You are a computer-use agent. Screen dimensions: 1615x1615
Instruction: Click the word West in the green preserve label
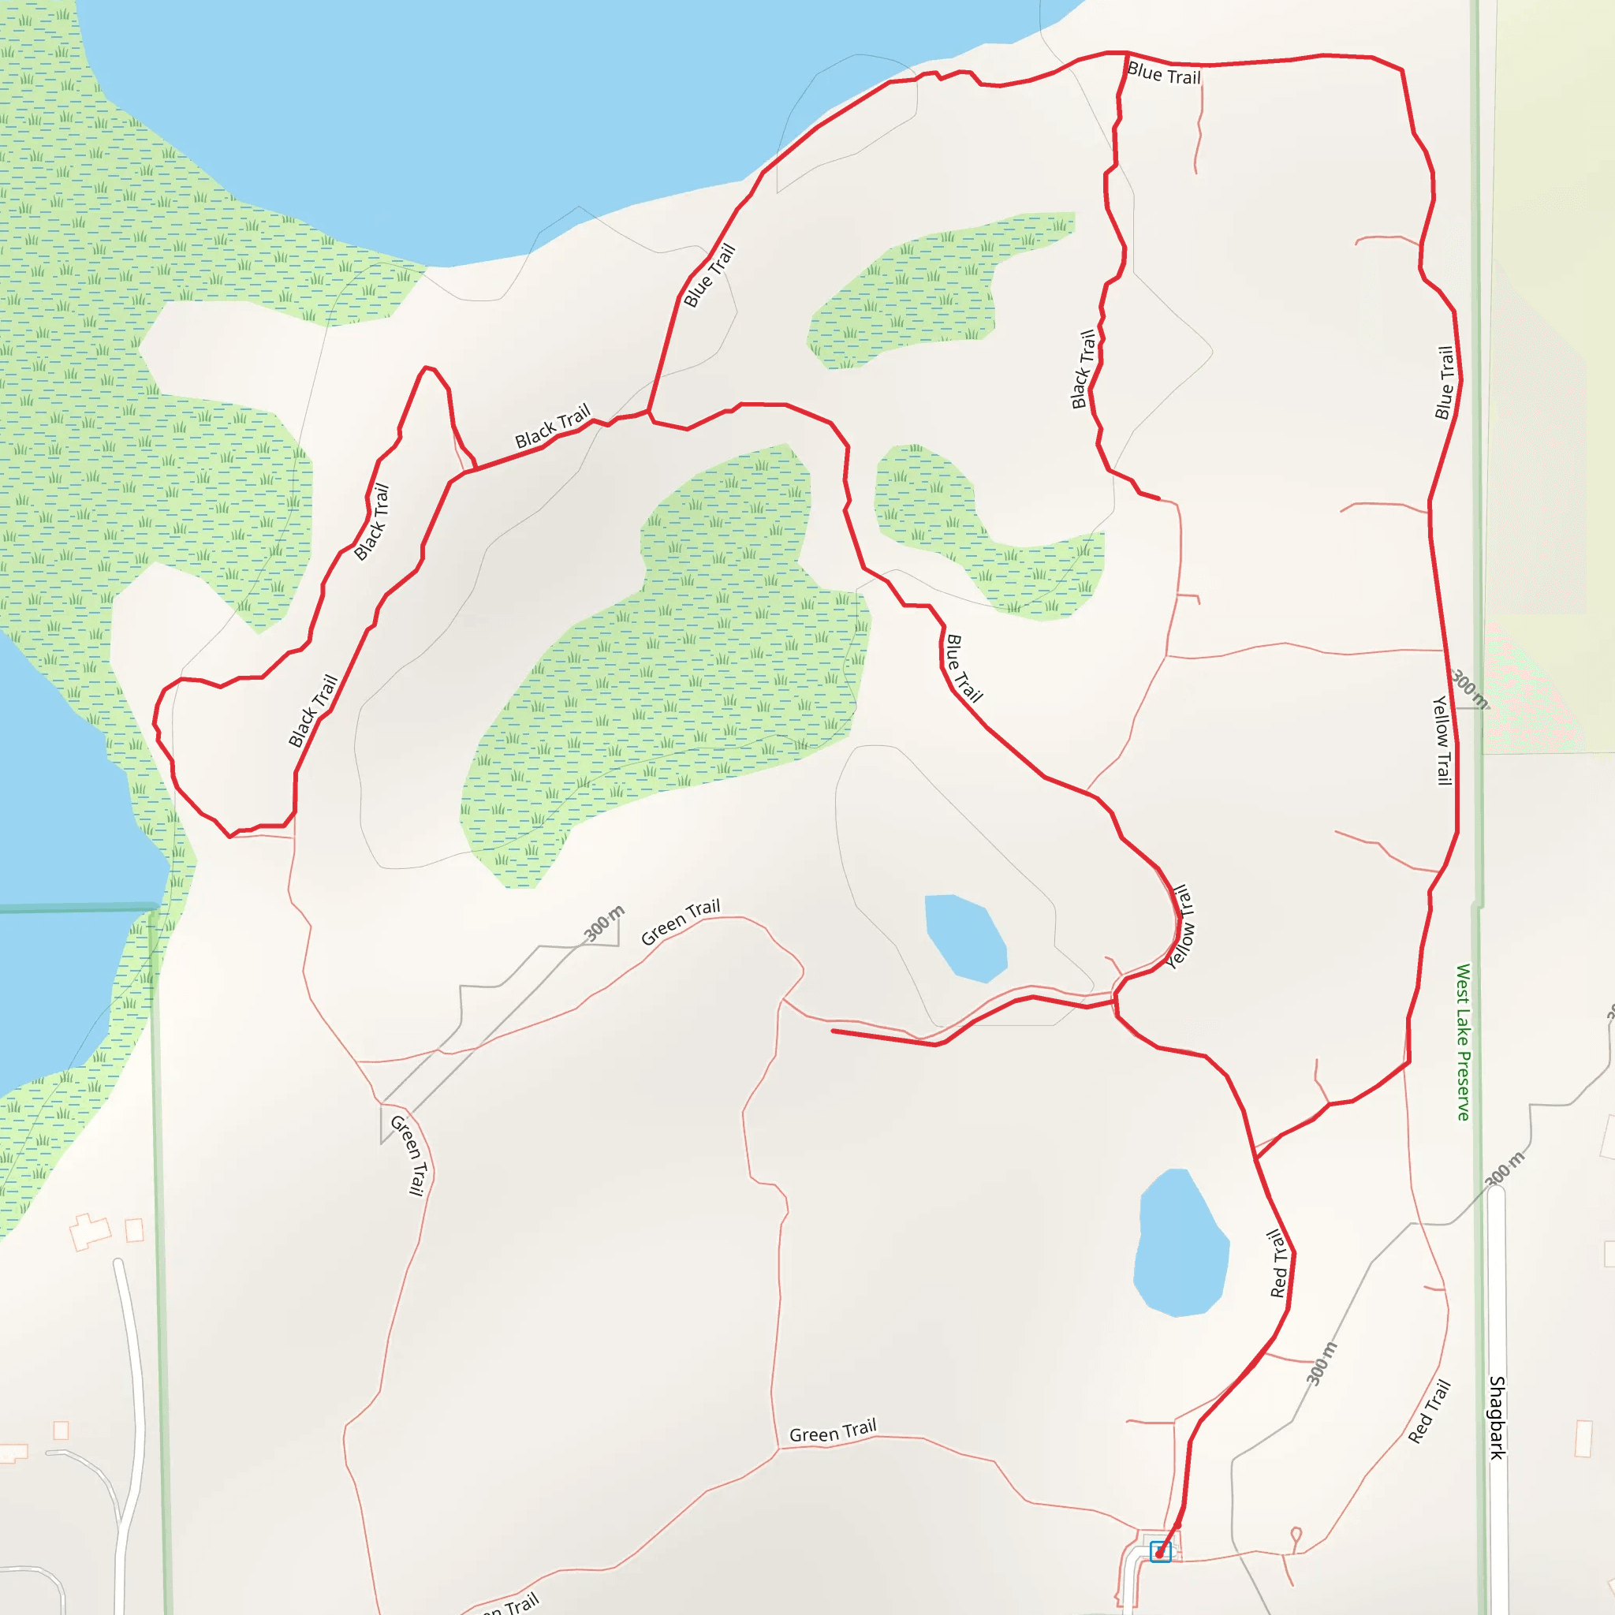pyautogui.click(x=1463, y=983)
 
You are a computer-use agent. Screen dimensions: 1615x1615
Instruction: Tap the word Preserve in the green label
pyautogui.click(x=1463, y=1085)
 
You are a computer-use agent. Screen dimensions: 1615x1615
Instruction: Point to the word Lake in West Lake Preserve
pyautogui.click(x=1463, y=1026)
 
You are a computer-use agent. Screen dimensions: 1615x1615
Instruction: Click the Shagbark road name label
pyautogui.click(x=1498, y=1418)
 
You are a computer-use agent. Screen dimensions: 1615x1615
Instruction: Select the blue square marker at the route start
pyautogui.click(x=1160, y=1551)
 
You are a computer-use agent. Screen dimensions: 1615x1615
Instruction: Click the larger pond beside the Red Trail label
pyautogui.click(x=1180, y=1243)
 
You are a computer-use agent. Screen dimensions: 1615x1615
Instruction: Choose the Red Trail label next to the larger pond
pyautogui.click(x=1278, y=1263)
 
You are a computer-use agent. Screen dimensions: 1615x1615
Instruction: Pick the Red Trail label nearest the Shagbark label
pyautogui.click(x=1429, y=1412)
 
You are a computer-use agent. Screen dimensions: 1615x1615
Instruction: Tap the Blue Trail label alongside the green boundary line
pyautogui.click(x=1445, y=382)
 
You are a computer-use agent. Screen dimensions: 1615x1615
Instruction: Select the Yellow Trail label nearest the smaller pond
pyautogui.click(x=1180, y=927)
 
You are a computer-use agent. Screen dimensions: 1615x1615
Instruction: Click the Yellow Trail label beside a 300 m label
pyautogui.click(x=1443, y=740)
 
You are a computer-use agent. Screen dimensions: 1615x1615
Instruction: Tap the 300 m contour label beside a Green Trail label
pyautogui.click(x=603, y=923)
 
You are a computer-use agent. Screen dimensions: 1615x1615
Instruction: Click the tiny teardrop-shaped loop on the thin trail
pyautogui.click(x=1296, y=1535)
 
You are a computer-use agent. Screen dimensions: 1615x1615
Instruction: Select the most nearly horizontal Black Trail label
pyautogui.click(x=553, y=427)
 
